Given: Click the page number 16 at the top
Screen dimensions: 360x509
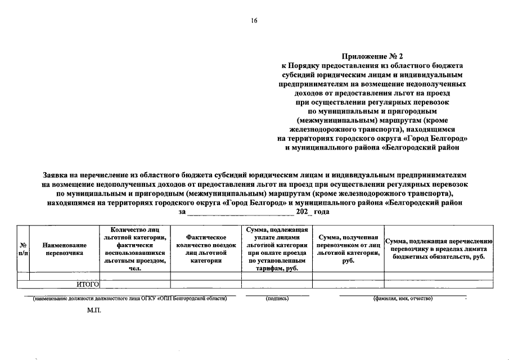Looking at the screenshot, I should [x=254, y=21].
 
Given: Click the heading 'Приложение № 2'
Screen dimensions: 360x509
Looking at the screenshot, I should [x=373, y=56].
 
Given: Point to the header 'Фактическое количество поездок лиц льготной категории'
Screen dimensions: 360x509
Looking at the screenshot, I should [x=205, y=249].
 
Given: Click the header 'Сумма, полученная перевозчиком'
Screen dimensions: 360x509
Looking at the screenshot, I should [x=348, y=249].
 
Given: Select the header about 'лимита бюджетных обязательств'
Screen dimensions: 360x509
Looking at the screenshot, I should [x=440, y=249].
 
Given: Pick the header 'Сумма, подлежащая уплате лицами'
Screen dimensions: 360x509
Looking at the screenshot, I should [x=276, y=249].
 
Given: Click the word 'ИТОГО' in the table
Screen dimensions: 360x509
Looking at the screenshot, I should [x=88, y=285].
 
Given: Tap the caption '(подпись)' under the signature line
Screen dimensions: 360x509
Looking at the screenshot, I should [x=277, y=298].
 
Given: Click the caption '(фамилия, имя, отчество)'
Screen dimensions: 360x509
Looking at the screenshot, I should [x=402, y=298].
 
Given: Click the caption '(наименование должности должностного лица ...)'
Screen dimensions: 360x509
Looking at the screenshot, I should [x=130, y=298].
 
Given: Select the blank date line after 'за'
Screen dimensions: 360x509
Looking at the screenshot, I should [x=240, y=212].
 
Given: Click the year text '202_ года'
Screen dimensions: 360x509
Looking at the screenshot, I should [x=312, y=212].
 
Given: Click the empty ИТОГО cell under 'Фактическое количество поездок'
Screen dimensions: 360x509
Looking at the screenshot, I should [x=205, y=285].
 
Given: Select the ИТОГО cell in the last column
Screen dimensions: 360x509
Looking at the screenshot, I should [x=440, y=285].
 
